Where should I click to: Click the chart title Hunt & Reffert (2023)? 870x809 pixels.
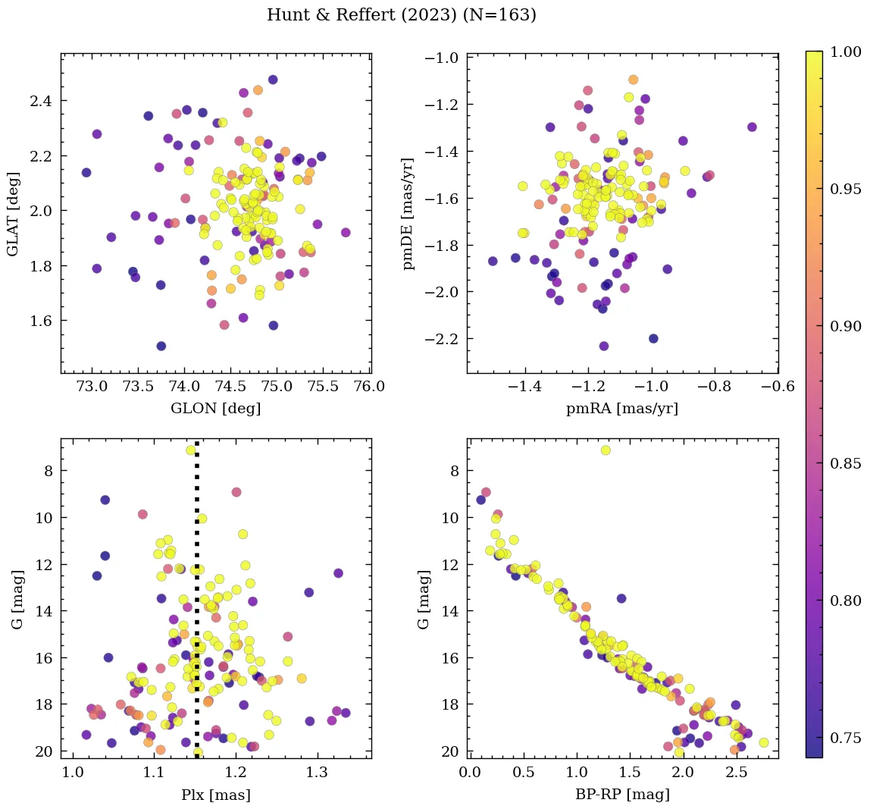[402, 15]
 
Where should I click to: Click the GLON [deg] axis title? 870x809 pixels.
[216, 409]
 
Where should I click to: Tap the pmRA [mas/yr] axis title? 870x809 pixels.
[622, 409]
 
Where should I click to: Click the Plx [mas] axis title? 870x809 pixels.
[216, 795]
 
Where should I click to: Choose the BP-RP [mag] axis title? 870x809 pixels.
[622, 795]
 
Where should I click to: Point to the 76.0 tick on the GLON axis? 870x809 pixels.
[369, 387]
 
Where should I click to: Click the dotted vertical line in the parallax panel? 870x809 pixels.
[197, 607]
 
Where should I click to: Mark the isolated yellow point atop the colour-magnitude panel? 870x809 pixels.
[606, 450]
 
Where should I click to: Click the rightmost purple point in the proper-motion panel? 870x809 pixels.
[752, 127]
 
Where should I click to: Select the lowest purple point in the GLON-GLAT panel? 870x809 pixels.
[161, 346]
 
